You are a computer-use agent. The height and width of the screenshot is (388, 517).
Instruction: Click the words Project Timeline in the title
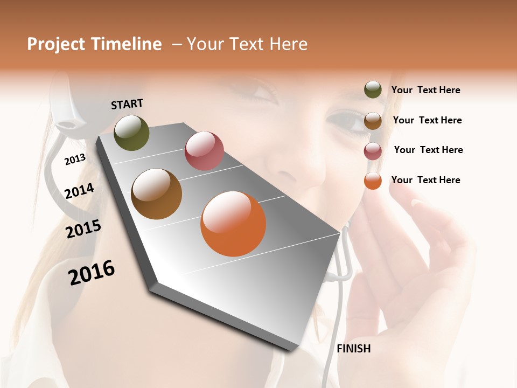coord(94,44)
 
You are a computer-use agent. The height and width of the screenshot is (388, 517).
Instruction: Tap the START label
coord(127,104)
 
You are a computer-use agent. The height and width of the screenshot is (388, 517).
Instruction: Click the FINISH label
coord(353,349)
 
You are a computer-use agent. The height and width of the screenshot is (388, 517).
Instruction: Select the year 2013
coord(75,159)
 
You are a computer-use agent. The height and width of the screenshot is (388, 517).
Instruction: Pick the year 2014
coord(79,191)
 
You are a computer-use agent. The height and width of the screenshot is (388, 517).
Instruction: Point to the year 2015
coord(83,229)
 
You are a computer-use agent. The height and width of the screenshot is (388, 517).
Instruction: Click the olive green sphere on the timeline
coord(131,133)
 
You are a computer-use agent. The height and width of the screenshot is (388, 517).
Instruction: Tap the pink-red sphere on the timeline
coord(204,151)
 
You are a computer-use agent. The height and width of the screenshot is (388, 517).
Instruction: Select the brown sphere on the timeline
coord(156,194)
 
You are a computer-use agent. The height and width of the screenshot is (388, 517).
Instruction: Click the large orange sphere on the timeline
coord(233,224)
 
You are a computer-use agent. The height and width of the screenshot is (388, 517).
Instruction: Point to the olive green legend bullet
coord(373,90)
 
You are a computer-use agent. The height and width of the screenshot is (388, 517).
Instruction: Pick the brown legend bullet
coord(373,121)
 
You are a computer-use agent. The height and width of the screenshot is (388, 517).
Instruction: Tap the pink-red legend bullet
coord(373,151)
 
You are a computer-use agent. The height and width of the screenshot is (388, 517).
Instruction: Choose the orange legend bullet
coord(373,181)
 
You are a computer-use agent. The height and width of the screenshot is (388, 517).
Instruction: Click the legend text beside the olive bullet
coord(425,91)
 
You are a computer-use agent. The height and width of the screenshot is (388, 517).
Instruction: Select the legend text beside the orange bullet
coord(425,180)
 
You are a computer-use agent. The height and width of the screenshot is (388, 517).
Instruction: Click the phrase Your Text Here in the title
coord(247,44)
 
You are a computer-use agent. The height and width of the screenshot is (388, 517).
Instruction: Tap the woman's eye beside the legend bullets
coord(345,120)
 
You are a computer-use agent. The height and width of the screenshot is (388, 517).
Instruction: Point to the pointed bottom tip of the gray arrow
coord(291,349)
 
